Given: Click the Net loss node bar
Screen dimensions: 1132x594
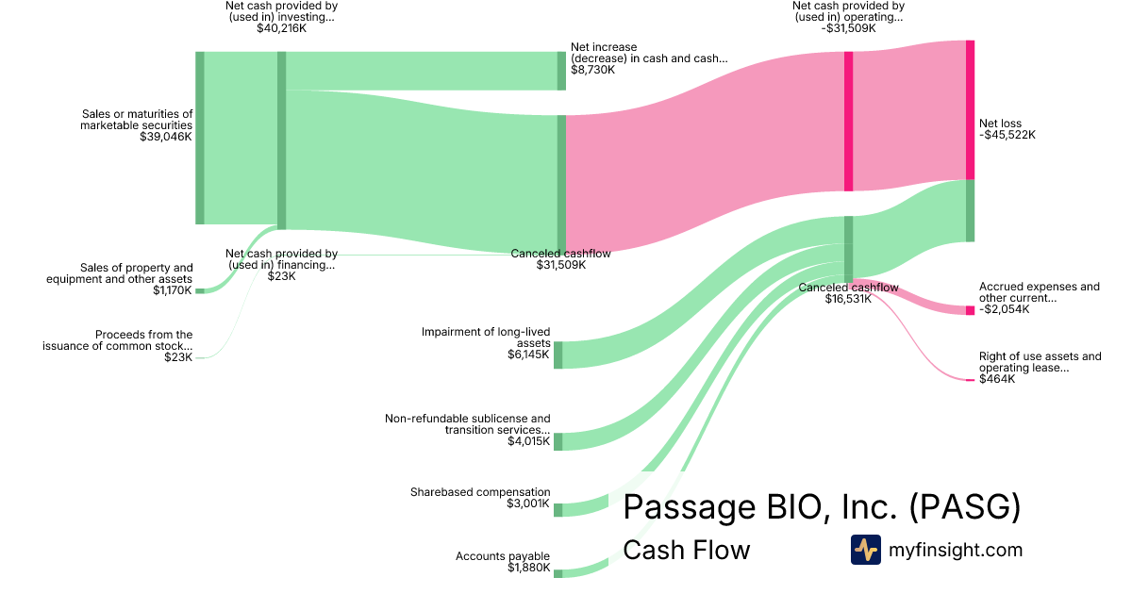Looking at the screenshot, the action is pos(970,109).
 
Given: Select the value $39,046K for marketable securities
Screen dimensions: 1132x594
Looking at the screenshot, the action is pos(166,137).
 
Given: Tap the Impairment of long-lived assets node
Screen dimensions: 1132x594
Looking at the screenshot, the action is pos(558,355).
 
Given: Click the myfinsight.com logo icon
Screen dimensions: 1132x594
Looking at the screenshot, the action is pos(866,550).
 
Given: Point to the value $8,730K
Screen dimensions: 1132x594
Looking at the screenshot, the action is pos(592,70).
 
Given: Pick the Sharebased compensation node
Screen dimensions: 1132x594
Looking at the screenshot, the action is pos(558,510).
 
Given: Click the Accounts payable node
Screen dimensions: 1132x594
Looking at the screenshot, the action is pos(558,574).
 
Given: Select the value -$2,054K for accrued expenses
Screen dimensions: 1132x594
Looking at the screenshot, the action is pos(1004,309).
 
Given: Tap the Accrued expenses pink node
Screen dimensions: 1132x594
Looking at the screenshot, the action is pos(970,310).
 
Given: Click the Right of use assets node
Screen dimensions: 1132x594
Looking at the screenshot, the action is pos(970,380).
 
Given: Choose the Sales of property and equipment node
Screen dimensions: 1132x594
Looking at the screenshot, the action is pos(200,291).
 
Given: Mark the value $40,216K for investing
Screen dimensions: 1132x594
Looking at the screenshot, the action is pos(281,28).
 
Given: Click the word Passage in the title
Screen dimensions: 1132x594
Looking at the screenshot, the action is pos(691,506).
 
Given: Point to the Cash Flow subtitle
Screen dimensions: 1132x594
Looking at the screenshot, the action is pos(687,550).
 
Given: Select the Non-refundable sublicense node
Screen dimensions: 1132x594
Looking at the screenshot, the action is pos(558,441).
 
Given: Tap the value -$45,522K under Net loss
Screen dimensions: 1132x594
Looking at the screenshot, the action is pos(1007,135).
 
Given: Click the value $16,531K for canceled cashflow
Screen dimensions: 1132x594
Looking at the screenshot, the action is pos(848,299).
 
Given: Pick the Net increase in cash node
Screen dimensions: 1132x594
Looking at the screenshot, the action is pos(561,71).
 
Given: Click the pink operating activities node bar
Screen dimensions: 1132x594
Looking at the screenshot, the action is pos(848,122).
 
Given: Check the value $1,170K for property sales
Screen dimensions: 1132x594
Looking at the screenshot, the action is pos(173,290).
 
